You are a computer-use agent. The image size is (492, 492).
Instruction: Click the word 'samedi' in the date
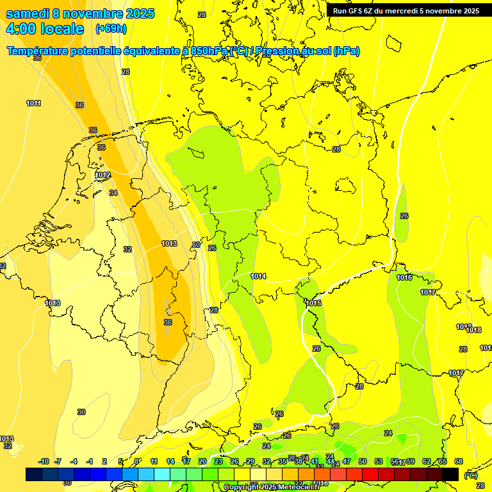[x=26, y=14]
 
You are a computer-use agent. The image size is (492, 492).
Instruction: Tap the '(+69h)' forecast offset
[x=111, y=29]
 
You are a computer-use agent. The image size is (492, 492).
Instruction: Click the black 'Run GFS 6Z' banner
[x=406, y=11]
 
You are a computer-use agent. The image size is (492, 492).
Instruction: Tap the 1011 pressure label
[x=33, y=103]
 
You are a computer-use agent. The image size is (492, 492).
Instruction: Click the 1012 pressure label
[x=102, y=175]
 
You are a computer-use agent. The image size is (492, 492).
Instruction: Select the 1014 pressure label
[x=258, y=276]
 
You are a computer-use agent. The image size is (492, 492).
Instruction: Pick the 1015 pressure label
[x=313, y=303]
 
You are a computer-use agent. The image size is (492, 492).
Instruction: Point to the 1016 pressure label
[x=404, y=277]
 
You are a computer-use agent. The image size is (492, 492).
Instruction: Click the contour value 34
[x=113, y=192]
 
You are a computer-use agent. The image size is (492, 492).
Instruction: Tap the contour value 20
[x=196, y=245]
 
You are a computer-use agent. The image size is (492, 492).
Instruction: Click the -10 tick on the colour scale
[x=44, y=461]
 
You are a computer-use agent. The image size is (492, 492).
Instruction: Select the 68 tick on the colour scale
[x=458, y=461]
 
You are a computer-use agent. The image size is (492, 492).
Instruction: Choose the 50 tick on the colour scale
[x=363, y=461]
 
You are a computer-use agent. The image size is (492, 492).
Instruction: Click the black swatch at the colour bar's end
[x=450, y=474]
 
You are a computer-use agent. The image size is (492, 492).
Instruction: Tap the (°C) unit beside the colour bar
[x=471, y=475]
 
